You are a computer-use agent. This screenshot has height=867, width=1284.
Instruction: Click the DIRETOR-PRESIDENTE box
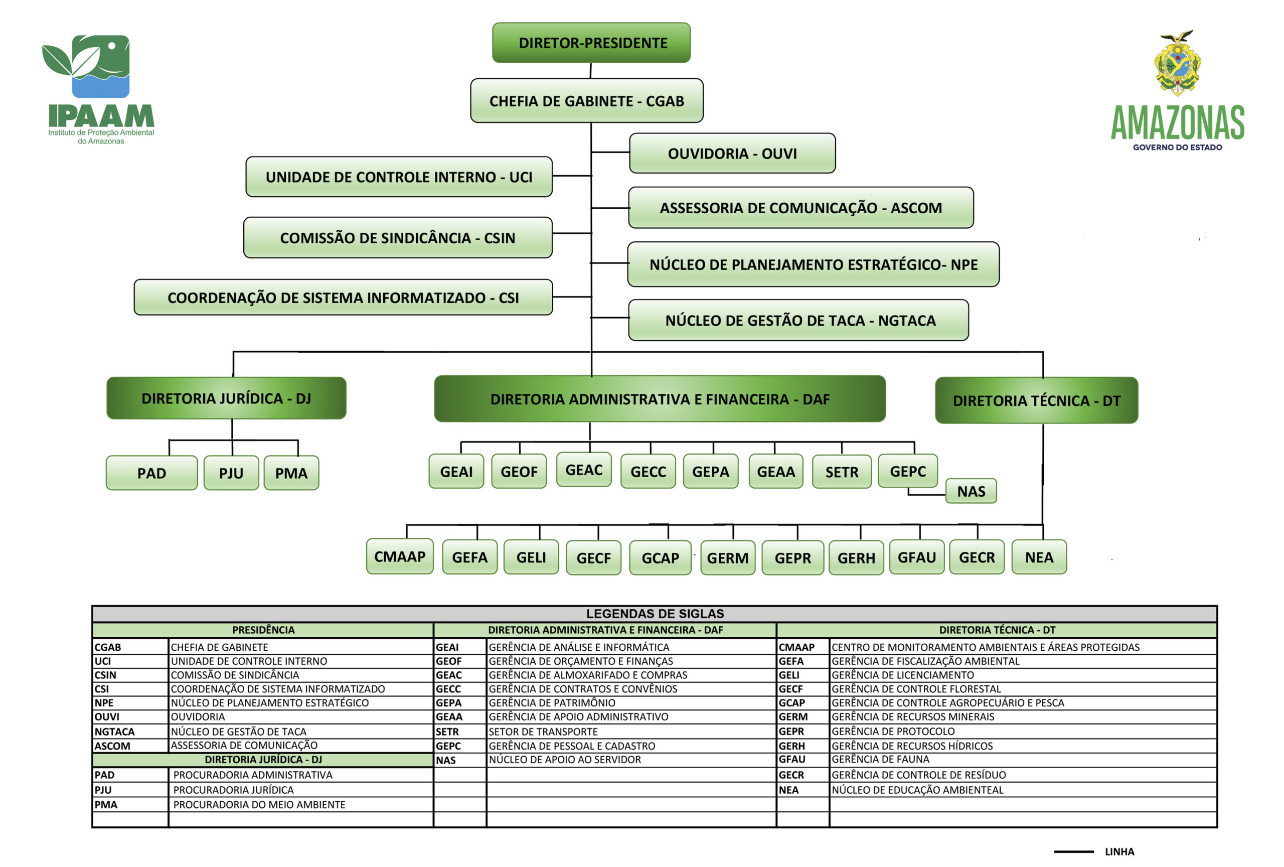coord(591,43)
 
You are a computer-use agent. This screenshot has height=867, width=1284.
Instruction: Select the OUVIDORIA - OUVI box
coord(732,153)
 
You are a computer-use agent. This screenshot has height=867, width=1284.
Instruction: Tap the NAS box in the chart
coord(971,491)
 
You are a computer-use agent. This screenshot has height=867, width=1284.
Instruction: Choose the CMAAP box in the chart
coord(399,556)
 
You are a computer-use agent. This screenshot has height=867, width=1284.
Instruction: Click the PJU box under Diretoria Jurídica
coord(231,473)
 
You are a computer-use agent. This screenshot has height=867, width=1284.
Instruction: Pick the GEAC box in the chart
coord(583,469)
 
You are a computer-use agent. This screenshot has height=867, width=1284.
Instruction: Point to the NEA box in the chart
coord(1039,557)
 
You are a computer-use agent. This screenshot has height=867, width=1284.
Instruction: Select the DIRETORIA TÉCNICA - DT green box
coord(1036,400)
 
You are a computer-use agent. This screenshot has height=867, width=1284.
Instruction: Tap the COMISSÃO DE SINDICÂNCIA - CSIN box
coord(398,238)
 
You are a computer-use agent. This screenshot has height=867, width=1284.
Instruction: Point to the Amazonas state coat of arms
coord(1177,64)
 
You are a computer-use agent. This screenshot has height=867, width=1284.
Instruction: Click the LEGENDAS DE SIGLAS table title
coord(655,613)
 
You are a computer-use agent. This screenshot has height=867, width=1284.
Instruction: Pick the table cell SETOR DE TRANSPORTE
coord(543,732)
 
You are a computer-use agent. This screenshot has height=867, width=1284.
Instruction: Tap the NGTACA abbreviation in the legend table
coord(114,732)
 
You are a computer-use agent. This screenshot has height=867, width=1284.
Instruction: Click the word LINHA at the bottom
coord(1119,851)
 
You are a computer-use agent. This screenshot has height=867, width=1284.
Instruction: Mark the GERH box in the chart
coord(856,558)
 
